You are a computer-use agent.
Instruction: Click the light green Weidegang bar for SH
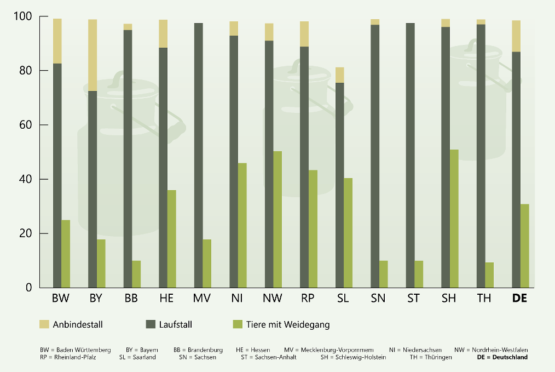[x=454, y=219]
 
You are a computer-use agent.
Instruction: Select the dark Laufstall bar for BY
[x=92, y=189]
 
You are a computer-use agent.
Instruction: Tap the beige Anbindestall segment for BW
[x=57, y=41]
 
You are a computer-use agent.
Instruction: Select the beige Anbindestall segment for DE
[x=516, y=36]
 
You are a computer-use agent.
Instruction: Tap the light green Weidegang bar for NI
[x=242, y=225]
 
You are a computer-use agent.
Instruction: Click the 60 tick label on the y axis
[x=26, y=125]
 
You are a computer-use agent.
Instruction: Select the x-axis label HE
[x=167, y=299]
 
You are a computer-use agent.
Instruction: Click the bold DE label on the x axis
[x=519, y=299]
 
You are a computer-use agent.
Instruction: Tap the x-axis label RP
[x=307, y=299]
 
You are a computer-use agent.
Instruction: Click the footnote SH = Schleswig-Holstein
[x=353, y=357]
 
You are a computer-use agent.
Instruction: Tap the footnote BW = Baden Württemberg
[x=76, y=350]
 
